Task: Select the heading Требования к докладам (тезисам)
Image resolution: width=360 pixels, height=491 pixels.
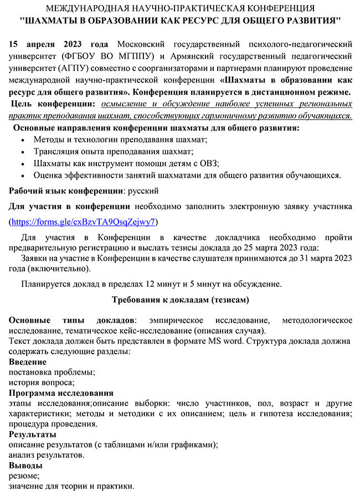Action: [x=180, y=300]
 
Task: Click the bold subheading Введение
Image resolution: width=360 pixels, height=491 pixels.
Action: [x=28, y=362]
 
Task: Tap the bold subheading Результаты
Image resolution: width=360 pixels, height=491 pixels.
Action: [x=33, y=434]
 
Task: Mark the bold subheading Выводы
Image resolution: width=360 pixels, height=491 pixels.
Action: [x=26, y=466]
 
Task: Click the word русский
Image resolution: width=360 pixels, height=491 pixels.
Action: [x=142, y=191]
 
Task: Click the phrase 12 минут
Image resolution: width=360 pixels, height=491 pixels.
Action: [x=161, y=284]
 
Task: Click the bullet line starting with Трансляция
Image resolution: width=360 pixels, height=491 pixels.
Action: [x=113, y=151]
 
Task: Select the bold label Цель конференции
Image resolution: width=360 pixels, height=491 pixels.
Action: [x=51, y=104]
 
